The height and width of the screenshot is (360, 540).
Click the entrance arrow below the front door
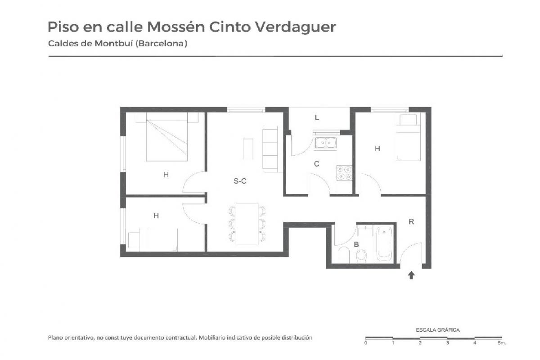click(x=411, y=275)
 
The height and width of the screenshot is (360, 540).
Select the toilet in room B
click(x=361, y=256)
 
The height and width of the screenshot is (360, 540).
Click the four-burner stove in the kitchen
click(x=344, y=173)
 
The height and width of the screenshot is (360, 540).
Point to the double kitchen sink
click(x=325, y=143)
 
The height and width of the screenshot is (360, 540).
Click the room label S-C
click(x=240, y=181)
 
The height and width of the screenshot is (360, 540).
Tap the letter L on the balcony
click(x=317, y=117)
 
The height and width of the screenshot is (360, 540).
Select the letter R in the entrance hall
click(x=411, y=221)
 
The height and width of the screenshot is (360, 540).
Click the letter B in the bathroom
click(x=356, y=244)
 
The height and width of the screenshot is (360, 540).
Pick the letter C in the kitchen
click(x=316, y=164)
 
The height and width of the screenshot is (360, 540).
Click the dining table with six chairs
click(x=247, y=224)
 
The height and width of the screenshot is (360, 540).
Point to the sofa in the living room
click(x=270, y=149)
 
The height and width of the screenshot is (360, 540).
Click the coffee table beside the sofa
click(x=248, y=149)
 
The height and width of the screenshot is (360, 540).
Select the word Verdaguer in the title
click(x=296, y=27)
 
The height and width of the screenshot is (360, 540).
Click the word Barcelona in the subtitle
click(x=161, y=44)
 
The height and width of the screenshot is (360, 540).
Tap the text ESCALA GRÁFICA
click(x=437, y=330)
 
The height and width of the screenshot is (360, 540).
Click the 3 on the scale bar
click(x=447, y=343)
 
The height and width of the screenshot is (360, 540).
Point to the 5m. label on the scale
click(x=502, y=343)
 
